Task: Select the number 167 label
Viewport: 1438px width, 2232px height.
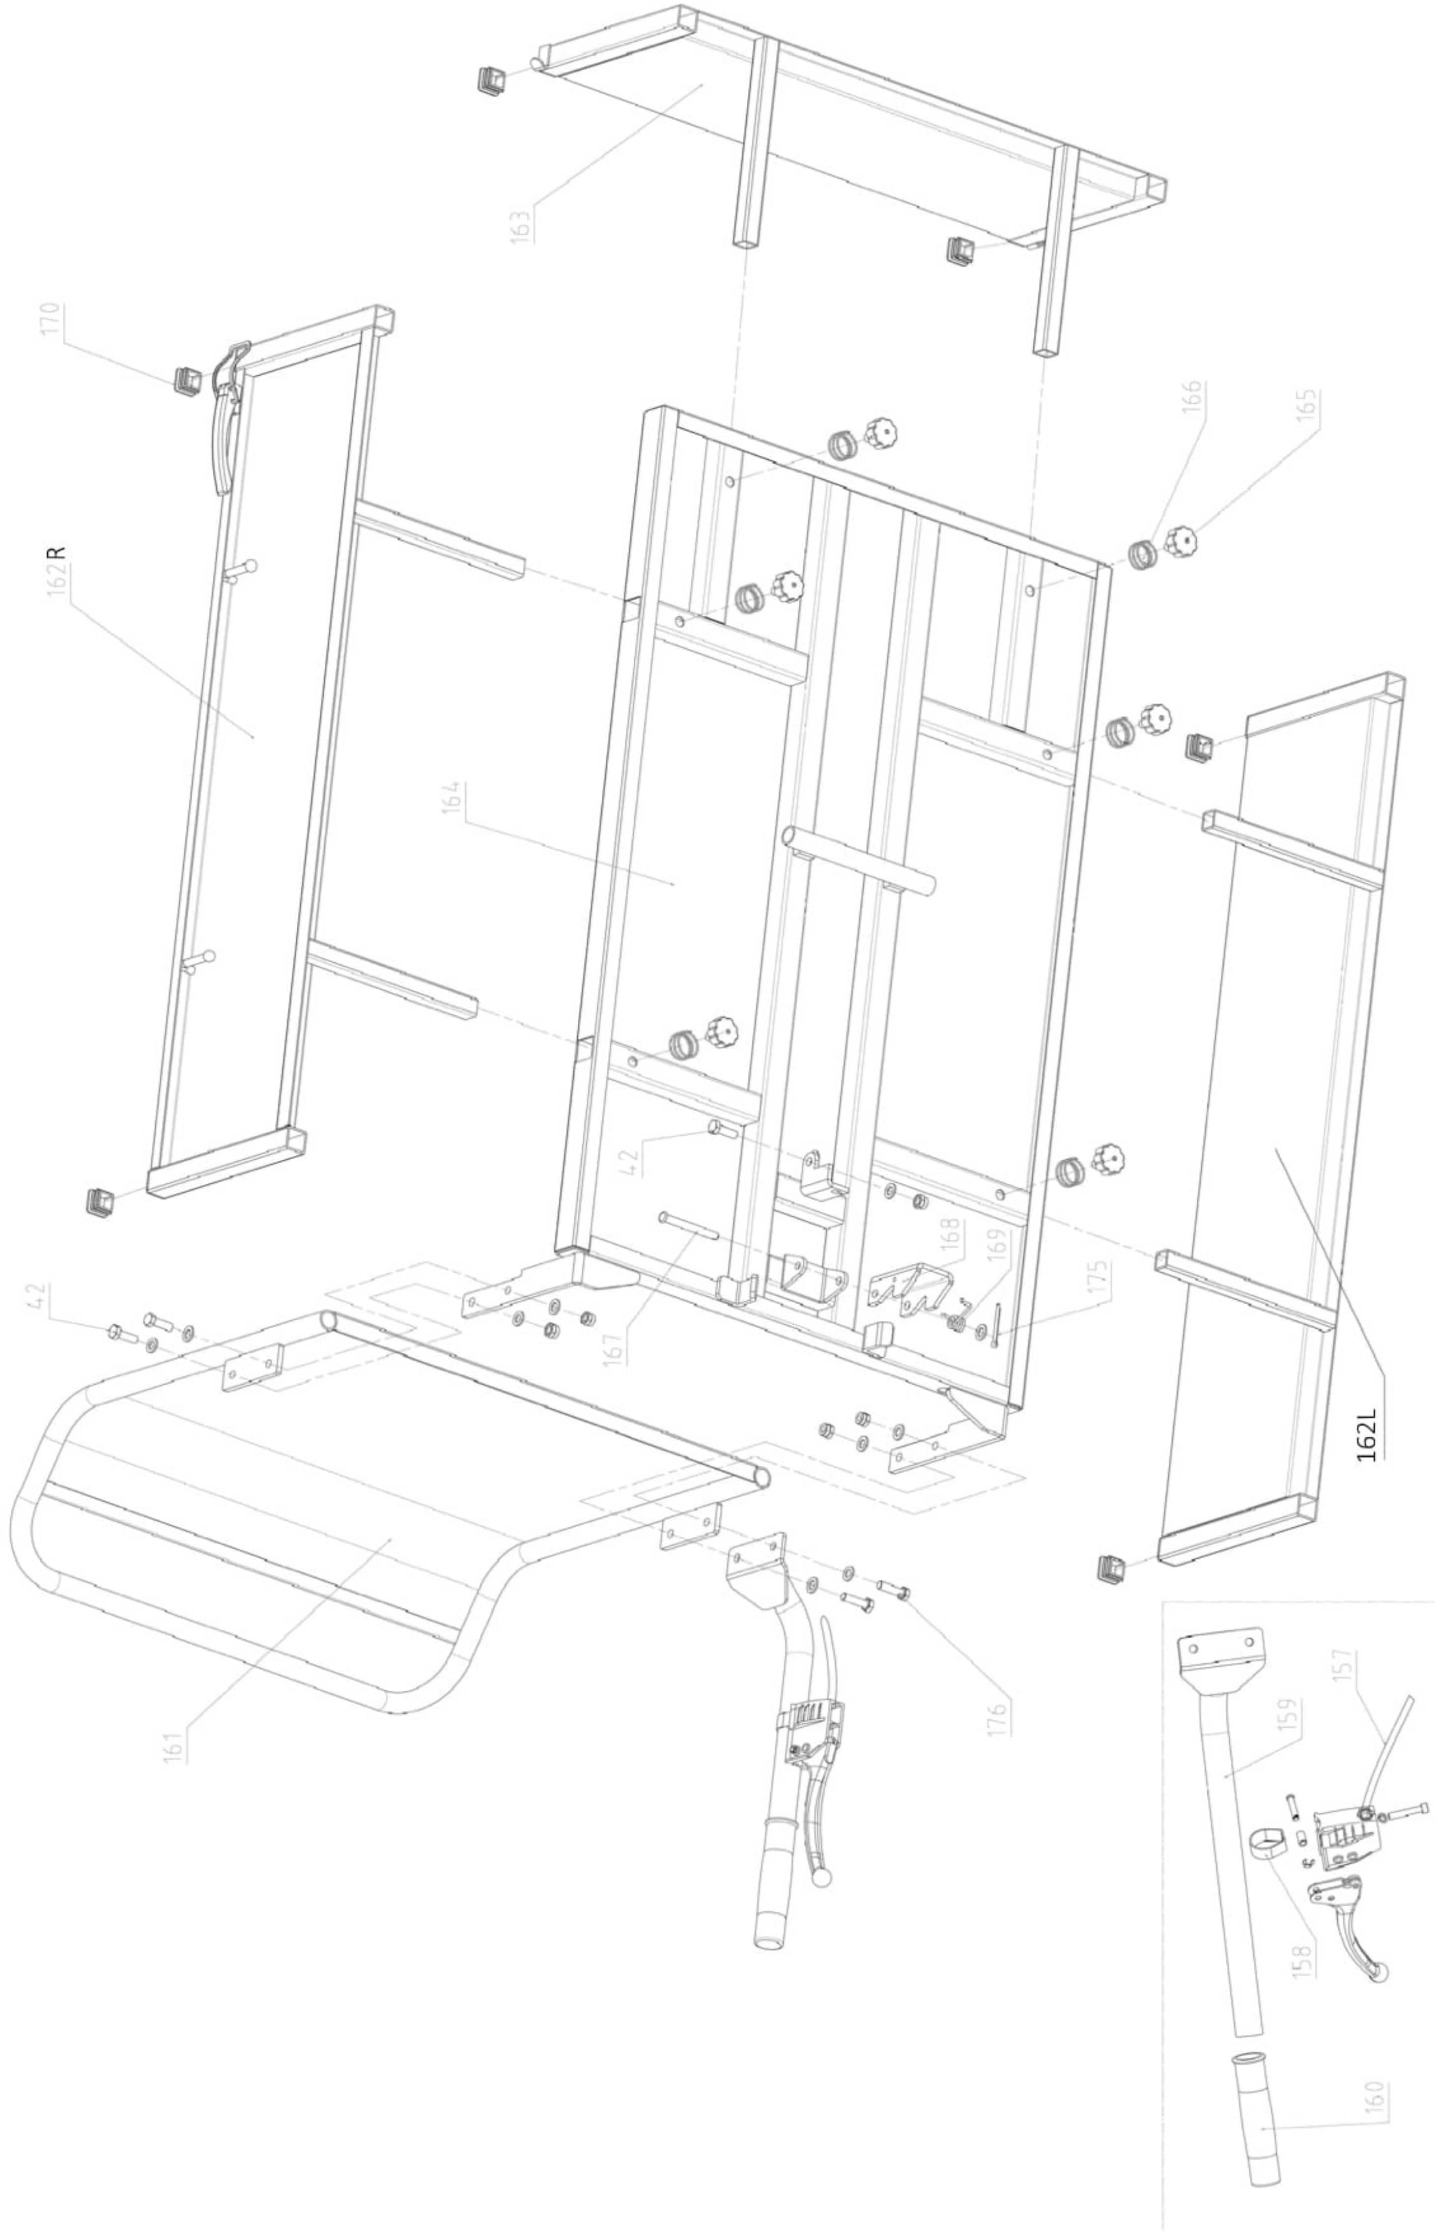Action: coord(614,1349)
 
